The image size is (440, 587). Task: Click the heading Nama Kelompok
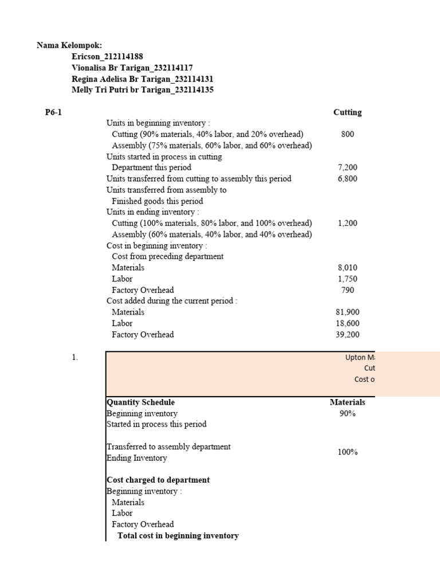[x=69, y=45]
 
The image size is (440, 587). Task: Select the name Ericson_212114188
[x=107, y=56]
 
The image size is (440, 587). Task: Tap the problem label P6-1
[x=53, y=112]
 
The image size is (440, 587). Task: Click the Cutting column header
[x=347, y=112]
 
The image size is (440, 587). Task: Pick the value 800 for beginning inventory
[x=347, y=134]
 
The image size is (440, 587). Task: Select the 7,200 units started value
[x=347, y=167]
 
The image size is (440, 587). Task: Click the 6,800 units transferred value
[x=347, y=179]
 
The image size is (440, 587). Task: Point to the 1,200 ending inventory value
[x=347, y=224]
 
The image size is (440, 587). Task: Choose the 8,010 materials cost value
[x=347, y=268]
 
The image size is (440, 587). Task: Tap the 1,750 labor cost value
[x=347, y=279]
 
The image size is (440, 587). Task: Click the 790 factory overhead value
[x=347, y=290]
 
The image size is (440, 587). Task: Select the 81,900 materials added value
[x=347, y=312]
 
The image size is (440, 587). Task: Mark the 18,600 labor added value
[x=347, y=323]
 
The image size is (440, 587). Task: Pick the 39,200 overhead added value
[x=347, y=335]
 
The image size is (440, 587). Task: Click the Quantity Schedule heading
[x=141, y=402]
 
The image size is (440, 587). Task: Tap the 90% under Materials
[x=347, y=413]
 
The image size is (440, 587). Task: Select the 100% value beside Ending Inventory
[x=347, y=452]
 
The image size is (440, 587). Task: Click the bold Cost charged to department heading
[x=158, y=480]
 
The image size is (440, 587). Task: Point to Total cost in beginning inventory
[x=178, y=535]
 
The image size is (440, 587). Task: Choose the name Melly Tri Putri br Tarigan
[x=143, y=90]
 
